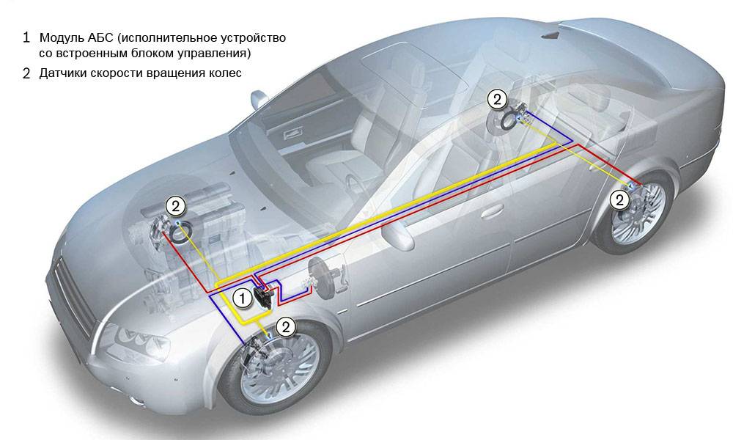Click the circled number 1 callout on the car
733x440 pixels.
[x=241, y=298]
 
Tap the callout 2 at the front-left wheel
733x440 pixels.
[x=287, y=326]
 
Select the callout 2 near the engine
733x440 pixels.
[x=175, y=205]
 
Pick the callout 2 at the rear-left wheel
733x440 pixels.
[x=619, y=198]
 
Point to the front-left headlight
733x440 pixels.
[x=136, y=338]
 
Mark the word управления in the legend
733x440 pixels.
[x=218, y=54]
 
